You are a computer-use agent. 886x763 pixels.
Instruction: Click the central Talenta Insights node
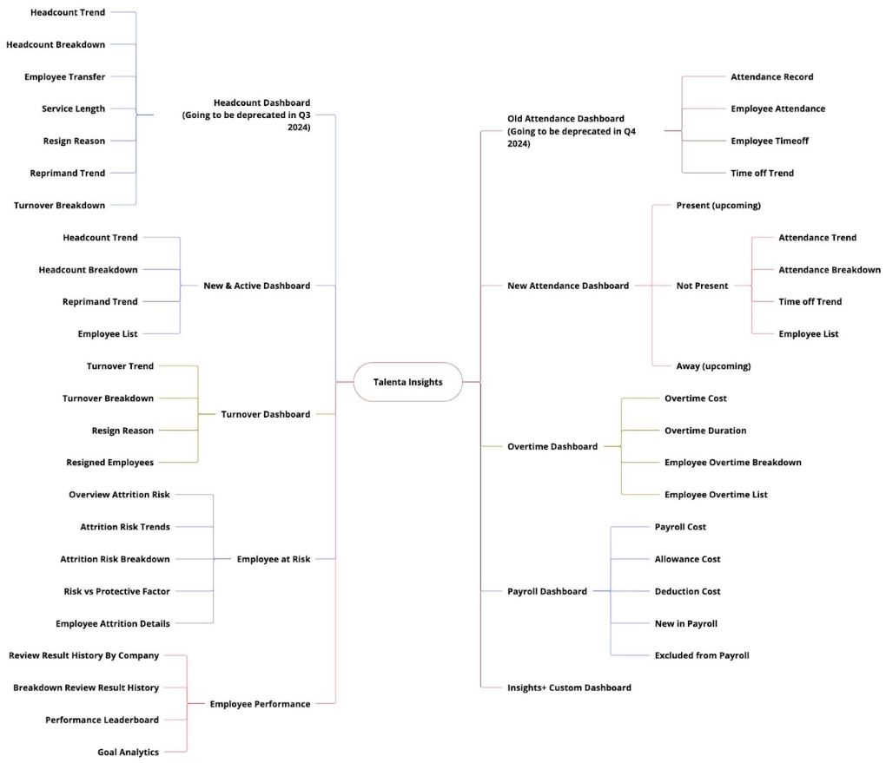(x=408, y=382)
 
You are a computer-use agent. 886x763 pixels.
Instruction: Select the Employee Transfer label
(x=64, y=76)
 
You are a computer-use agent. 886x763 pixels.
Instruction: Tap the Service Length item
(x=74, y=109)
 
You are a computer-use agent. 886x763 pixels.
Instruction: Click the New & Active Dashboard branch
(x=257, y=286)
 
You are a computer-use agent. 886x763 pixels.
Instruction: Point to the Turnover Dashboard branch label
(x=266, y=414)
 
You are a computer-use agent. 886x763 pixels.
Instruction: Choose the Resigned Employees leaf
(x=109, y=463)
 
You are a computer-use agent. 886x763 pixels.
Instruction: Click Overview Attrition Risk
(x=119, y=495)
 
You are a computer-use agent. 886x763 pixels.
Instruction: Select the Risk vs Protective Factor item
(x=117, y=591)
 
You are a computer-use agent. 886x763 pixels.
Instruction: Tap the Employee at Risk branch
(x=274, y=559)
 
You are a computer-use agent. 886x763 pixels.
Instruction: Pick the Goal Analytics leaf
(x=129, y=753)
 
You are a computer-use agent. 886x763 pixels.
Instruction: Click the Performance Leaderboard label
(x=102, y=720)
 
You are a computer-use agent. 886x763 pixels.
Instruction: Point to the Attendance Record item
(x=772, y=76)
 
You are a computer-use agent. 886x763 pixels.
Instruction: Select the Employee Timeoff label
(x=770, y=141)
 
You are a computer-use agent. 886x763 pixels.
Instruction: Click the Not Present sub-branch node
(x=703, y=286)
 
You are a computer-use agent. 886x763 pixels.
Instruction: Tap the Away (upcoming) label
(x=714, y=366)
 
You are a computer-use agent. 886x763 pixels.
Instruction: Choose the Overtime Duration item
(x=705, y=431)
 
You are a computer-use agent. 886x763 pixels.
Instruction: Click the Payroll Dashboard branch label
(x=547, y=591)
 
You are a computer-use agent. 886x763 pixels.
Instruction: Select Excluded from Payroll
(x=702, y=655)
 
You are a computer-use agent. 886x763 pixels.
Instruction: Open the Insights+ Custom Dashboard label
(x=569, y=687)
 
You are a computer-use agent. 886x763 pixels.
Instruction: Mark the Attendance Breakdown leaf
(x=830, y=270)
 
